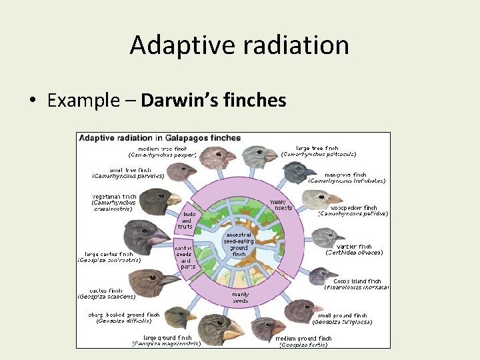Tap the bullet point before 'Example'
32,101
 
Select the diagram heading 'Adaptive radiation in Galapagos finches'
160,138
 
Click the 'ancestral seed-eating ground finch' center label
238,244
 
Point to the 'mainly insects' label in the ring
278,205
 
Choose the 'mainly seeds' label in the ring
241,296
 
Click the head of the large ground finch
215,327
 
